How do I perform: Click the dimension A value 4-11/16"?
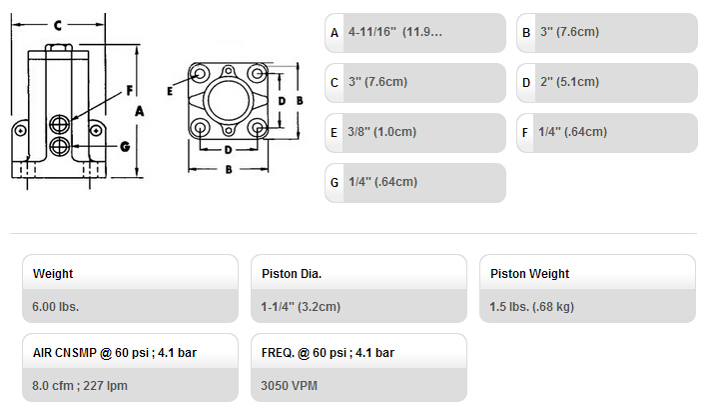(372, 32)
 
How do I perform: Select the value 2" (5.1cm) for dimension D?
(569, 82)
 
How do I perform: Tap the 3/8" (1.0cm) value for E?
(382, 132)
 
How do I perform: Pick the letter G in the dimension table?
(334, 182)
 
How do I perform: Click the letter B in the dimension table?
(526, 32)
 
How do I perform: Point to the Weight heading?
(53, 273)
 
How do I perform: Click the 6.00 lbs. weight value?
(56, 307)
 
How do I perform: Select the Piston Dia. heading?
(292, 273)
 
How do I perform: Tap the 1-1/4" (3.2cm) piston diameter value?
(301, 307)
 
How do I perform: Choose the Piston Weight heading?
(529, 273)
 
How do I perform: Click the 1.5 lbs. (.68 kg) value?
(531, 307)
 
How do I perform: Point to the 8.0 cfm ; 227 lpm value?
(80, 386)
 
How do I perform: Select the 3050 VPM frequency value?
(290, 386)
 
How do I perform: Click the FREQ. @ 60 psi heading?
(328, 353)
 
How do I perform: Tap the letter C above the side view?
(58, 26)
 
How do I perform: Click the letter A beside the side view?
(140, 111)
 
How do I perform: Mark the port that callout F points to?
(60, 124)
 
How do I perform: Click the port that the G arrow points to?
(60, 146)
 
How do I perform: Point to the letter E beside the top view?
(170, 91)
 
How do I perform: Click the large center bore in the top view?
(229, 100)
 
